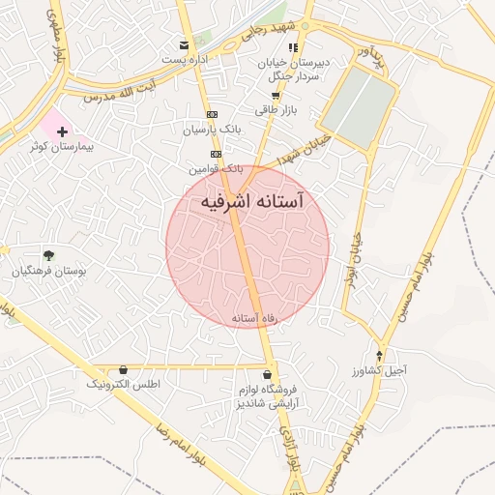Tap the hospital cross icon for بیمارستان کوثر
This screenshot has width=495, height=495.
(x=62, y=131)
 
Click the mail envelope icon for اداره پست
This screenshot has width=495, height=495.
(x=185, y=45)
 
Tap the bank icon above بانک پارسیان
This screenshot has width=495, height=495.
(x=213, y=113)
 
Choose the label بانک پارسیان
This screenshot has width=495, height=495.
(x=209, y=128)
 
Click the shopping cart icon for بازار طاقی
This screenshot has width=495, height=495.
(x=277, y=95)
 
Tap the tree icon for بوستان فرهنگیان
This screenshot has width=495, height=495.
(x=48, y=254)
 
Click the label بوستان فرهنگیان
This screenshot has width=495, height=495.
(x=49, y=272)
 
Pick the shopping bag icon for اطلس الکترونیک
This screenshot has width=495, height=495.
(x=123, y=369)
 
